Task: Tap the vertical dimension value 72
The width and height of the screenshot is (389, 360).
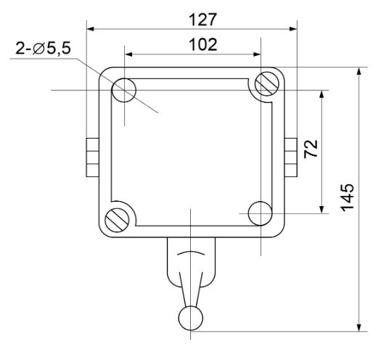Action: click(311, 150)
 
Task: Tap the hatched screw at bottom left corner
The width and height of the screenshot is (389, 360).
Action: click(117, 220)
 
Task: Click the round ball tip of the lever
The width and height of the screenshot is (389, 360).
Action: click(190, 317)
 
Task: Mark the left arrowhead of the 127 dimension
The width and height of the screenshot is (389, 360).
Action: click(91, 30)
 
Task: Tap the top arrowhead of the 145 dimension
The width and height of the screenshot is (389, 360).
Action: click(359, 73)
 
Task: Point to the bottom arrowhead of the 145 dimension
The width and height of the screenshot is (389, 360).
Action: click(359, 327)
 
